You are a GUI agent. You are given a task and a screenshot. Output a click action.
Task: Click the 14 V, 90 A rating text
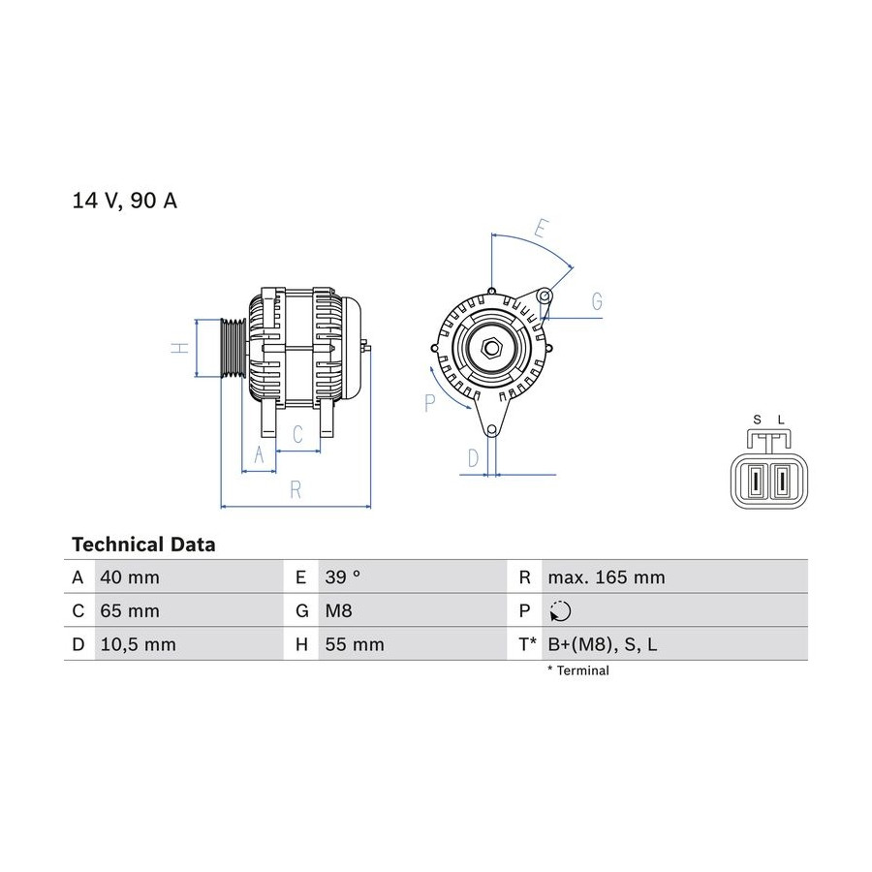tap(125, 201)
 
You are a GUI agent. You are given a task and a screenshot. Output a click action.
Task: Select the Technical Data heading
tap(143, 545)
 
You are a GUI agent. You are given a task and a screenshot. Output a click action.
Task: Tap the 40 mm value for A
tap(130, 577)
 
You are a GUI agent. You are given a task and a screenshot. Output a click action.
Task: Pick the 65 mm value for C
tap(130, 610)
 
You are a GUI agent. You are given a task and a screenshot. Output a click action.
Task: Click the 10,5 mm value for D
tap(138, 644)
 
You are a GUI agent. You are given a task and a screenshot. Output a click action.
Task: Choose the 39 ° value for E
tap(343, 577)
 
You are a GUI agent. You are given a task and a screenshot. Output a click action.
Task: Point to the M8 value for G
tap(339, 610)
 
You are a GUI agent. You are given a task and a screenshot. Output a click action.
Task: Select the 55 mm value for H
tap(355, 644)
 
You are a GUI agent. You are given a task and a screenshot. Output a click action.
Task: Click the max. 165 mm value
tap(607, 577)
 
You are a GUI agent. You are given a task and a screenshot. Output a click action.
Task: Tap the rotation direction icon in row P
tap(560, 611)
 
